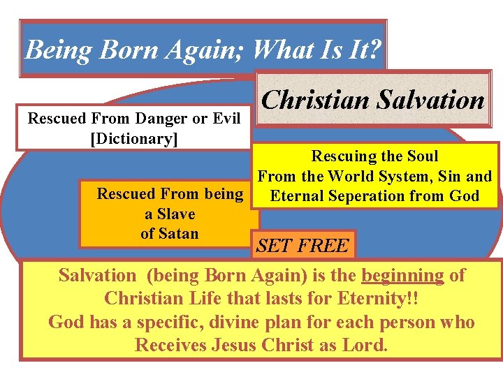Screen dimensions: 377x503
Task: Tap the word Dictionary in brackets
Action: click(135, 138)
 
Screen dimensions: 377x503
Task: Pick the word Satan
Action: click(179, 233)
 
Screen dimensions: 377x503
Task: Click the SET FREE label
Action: click(302, 246)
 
